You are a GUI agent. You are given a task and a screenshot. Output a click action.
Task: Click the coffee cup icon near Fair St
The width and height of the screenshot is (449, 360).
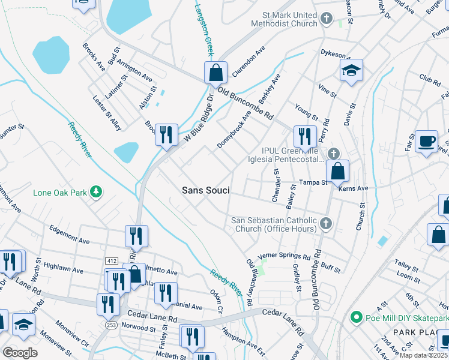[x=426, y=142]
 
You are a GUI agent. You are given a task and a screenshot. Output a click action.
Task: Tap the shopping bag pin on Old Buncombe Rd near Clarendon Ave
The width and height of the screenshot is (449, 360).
[x=215, y=73]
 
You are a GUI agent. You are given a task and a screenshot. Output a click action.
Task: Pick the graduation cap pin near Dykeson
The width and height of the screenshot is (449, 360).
[x=351, y=70]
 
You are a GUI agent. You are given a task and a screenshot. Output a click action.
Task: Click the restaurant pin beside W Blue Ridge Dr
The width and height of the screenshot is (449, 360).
[x=166, y=134]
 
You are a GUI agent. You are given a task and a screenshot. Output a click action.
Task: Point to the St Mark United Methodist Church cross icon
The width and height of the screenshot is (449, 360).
[x=327, y=19]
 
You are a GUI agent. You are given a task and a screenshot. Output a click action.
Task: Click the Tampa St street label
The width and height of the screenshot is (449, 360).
[x=314, y=182]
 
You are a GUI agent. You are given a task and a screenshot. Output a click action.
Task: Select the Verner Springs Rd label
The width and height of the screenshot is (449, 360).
[x=285, y=256]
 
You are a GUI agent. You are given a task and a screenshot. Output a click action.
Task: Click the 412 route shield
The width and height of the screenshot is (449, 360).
[x=111, y=261]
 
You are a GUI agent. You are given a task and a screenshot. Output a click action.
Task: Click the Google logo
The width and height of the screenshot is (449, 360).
[x=20, y=353]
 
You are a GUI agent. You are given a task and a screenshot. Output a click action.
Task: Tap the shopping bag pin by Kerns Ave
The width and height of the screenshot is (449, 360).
[x=339, y=170]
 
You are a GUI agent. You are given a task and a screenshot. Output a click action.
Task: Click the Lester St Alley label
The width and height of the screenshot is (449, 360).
[x=107, y=112]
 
